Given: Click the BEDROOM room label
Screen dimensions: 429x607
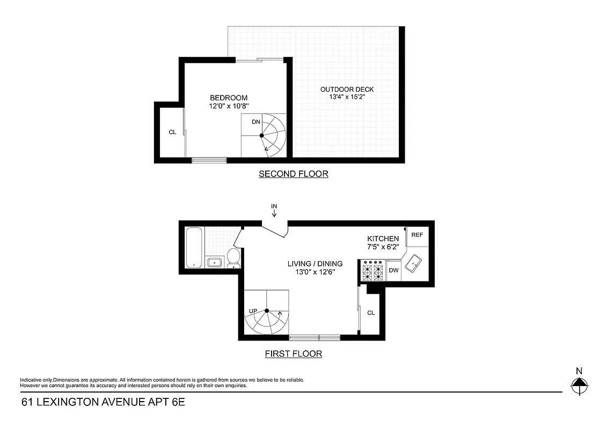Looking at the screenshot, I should click(x=228, y=98).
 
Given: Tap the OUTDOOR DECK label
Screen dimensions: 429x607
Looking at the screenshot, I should click(x=347, y=90).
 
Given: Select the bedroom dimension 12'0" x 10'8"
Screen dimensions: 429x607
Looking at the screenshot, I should click(x=229, y=106).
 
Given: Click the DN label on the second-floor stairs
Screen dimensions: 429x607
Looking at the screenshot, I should click(x=256, y=122).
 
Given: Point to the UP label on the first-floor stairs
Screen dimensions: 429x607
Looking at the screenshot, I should click(x=253, y=311).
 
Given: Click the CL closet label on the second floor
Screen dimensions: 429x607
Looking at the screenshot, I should click(x=172, y=132).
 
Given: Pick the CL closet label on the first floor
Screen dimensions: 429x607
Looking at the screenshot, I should click(x=370, y=313).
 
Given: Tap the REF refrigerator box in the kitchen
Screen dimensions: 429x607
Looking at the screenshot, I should click(x=417, y=235).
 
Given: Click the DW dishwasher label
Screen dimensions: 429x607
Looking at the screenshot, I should click(x=393, y=270).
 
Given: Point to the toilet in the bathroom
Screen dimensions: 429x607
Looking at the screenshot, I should click(x=233, y=257).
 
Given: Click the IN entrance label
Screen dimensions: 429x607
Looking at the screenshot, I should click(x=274, y=206).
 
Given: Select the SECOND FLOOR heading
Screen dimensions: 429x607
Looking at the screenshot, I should click(x=293, y=174).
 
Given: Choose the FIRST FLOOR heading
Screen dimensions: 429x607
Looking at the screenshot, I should click(x=293, y=354).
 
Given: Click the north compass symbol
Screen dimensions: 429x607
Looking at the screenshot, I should click(x=579, y=383).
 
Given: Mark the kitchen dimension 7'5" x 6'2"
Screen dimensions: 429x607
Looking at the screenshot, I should click(x=383, y=247).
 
